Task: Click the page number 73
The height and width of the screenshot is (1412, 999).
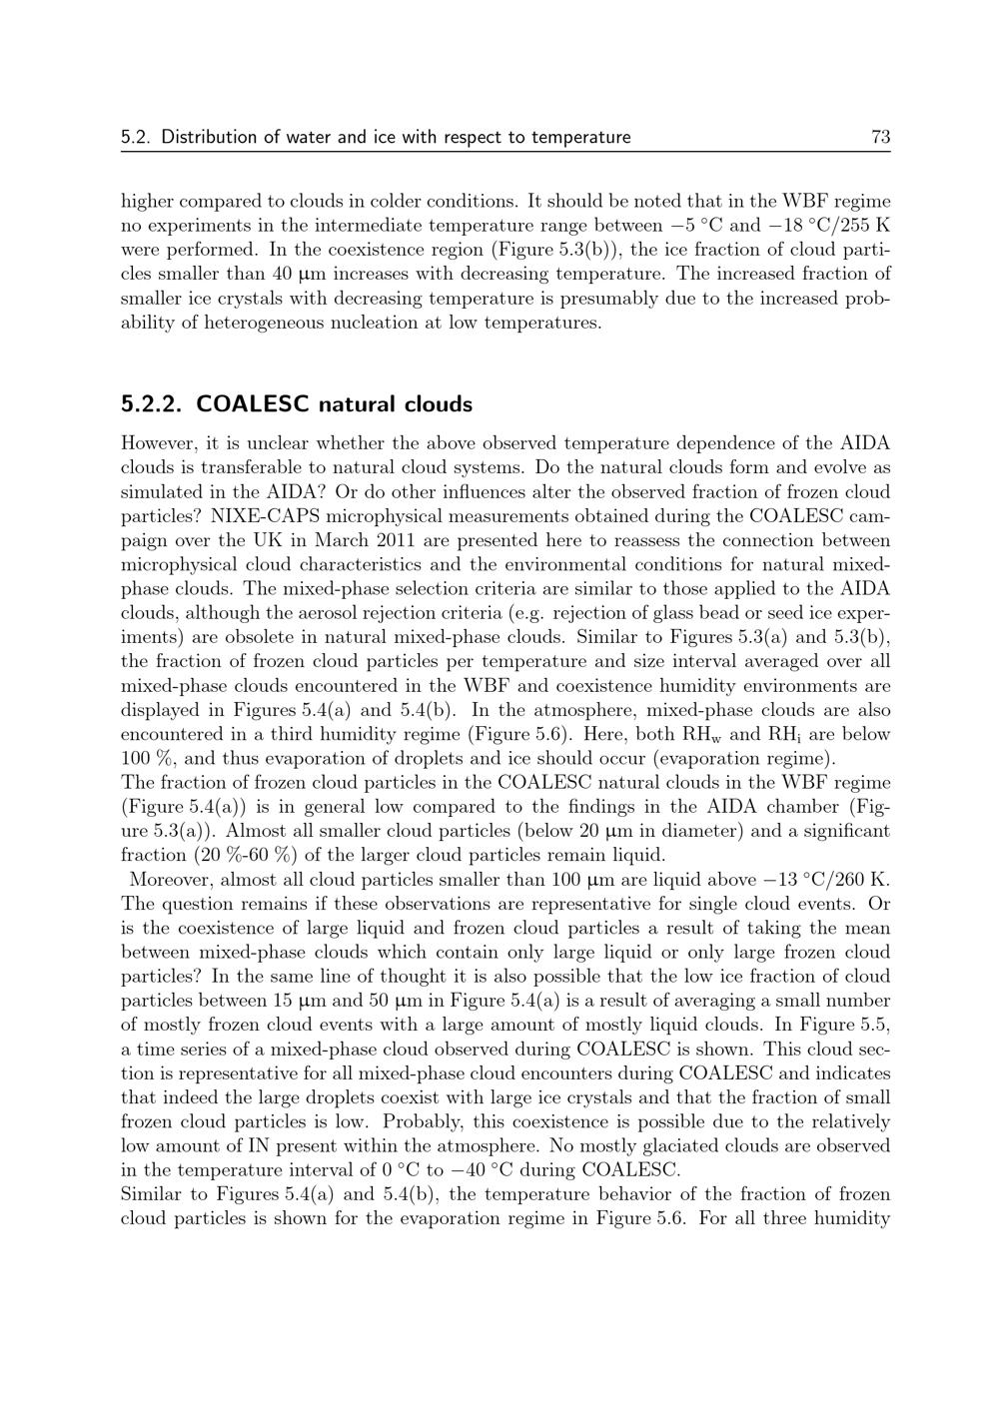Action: [x=880, y=138]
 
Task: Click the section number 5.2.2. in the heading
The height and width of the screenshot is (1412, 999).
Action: [x=153, y=404]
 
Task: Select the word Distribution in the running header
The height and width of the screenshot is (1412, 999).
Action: [x=210, y=138]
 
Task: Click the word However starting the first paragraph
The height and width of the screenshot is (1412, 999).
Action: [x=158, y=443]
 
